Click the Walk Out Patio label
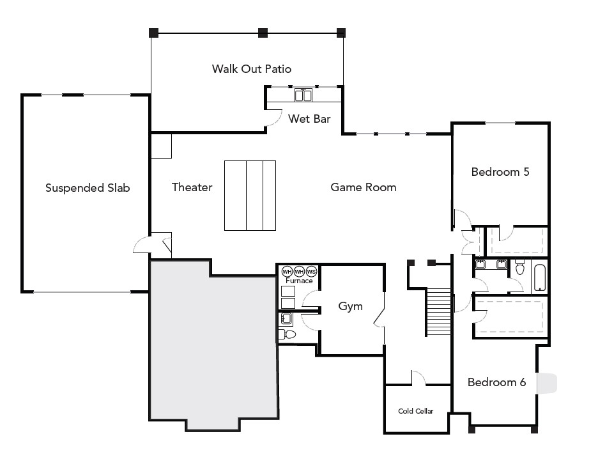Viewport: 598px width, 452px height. pos(252,68)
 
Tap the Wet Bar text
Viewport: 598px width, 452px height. pos(309,118)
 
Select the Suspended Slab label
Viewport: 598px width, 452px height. pos(88,188)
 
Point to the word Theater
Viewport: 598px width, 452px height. pos(192,187)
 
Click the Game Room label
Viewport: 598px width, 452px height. pos(363,187)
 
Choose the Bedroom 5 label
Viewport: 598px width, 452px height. pos(500,172)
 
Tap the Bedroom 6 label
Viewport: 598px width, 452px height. pos(496,382)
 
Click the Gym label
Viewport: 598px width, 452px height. pos(350,306)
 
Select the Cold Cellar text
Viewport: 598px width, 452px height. pos(415,411)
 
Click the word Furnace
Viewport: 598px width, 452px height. pos(298,281)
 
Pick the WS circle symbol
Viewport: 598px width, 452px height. pos(311,271)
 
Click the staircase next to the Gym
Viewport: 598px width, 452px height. pos(439,311)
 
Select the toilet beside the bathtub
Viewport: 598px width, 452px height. pos(519,269)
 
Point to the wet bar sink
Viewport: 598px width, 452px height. pos(303,96)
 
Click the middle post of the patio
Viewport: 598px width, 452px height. pos(262,32)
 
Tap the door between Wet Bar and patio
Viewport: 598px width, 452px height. pos(273,117)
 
